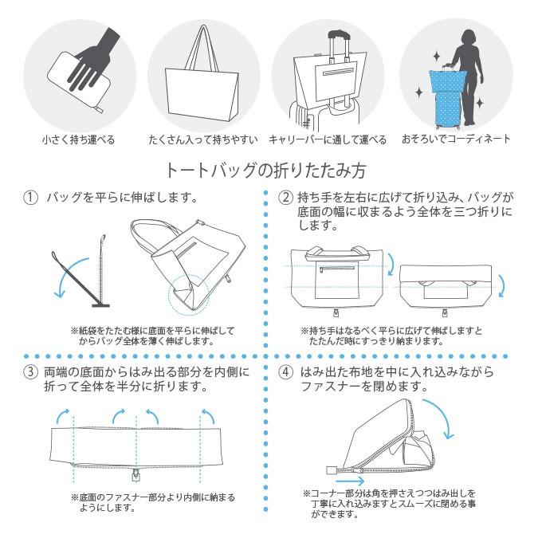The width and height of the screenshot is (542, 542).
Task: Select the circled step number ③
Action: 31,372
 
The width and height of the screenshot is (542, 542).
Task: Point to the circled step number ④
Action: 285,372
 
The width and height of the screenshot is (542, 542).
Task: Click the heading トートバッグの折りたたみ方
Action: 271,170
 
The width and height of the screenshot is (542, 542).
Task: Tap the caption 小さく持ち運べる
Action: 78,139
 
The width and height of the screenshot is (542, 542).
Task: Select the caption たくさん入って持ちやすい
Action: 203,139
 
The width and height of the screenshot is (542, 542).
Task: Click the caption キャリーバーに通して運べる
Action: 328,139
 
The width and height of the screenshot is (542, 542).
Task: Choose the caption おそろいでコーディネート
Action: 456,139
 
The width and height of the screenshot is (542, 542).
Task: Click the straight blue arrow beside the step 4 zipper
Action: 350,481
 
